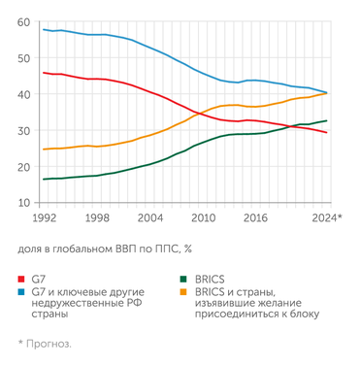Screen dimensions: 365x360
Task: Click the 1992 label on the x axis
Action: (x=44, y=218)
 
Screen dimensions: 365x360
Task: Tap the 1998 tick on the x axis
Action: (x=96, y=218)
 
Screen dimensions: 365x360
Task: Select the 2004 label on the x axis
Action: (x=149, y=218)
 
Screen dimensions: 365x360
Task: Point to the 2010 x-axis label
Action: (x=203, y=218)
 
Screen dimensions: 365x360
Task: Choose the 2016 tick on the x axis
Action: (x=255, y=218)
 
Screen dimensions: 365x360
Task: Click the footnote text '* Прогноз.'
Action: (x=45, y=343)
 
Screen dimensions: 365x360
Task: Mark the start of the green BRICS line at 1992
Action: (x=44, y=179)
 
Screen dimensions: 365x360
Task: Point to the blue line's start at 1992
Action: (x=44, y=29)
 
